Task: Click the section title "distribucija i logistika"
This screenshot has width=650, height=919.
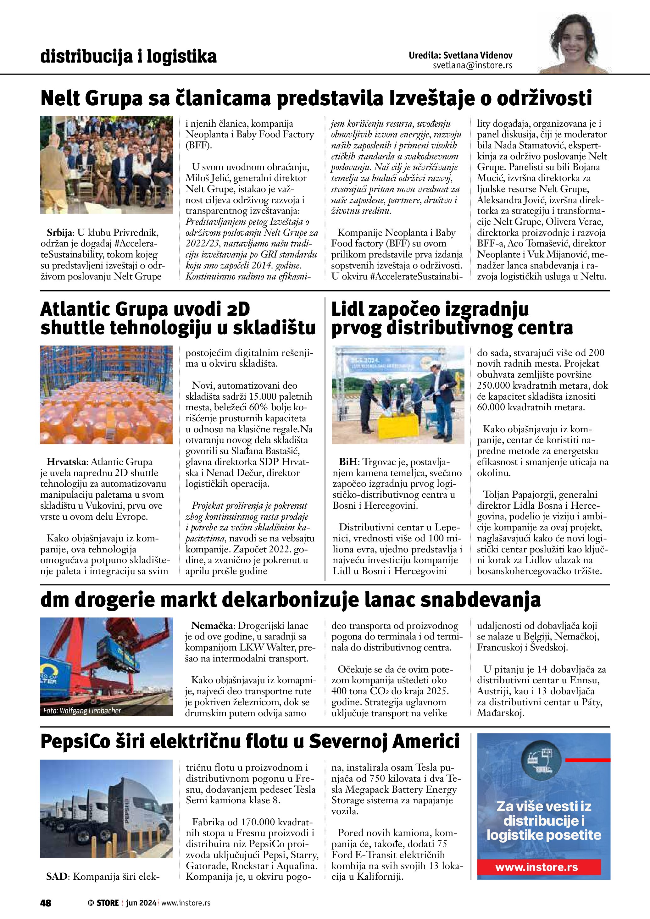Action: [129, 57]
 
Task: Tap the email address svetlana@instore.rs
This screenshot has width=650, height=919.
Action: [472, 66]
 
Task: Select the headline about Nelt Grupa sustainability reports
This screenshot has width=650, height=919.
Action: [316, 98]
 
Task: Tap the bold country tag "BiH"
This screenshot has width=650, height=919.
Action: [348, 462]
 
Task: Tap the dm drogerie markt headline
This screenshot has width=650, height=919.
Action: [291, 600]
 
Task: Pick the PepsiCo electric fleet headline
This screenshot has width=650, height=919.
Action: [250, 742]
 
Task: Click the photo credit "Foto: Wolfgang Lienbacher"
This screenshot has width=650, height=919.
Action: [82, 711]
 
